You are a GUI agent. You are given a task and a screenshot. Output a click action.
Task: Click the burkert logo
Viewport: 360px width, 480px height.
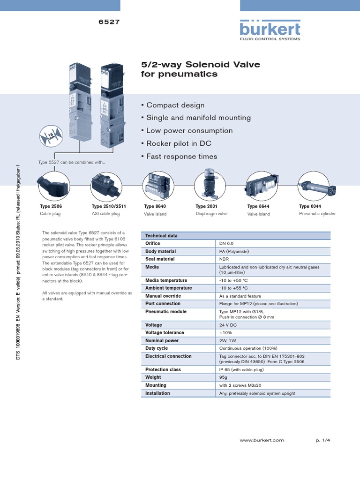pyautogui.click(x=270, y=30)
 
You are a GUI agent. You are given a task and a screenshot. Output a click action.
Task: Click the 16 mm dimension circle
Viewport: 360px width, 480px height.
pyautogui.click(x=51, y=137)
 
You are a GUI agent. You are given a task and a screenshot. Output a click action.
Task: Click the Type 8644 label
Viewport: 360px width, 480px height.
pyautogui.click(x=258, y=206)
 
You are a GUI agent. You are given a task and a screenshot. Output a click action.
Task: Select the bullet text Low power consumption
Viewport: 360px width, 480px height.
pyautogui.click(x=189, y=131)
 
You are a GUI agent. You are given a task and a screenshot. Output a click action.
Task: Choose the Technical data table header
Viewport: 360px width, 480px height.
pyautogui.click(x=161, y=236)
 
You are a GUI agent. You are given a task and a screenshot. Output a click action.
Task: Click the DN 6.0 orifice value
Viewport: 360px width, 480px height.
pyautogui.click(x=226, y=244)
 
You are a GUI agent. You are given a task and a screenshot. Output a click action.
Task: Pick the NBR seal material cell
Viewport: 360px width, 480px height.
pyautogui.click(x=225, y=259)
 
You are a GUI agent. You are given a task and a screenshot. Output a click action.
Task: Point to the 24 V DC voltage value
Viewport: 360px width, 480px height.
pyautogui.click(x=228, y=325)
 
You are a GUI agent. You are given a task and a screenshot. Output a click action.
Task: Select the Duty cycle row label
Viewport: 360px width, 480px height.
pyautogui.click(x=157, y=348)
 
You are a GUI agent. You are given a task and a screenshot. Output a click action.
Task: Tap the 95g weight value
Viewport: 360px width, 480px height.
pyautogui.click(x=224, y=377)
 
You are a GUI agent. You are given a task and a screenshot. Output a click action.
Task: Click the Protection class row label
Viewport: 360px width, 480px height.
pyautogui.click(x=163, y=369)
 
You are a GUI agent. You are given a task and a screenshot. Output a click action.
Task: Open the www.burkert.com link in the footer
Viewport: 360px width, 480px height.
pyautogui.click(x=262, y=441)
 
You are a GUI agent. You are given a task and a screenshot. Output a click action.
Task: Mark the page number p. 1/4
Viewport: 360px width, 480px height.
pyautogui.click(x=323, y=441)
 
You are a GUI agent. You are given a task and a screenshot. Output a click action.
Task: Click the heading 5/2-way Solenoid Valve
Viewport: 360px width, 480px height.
pyautogui.click(x=201, y=64)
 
